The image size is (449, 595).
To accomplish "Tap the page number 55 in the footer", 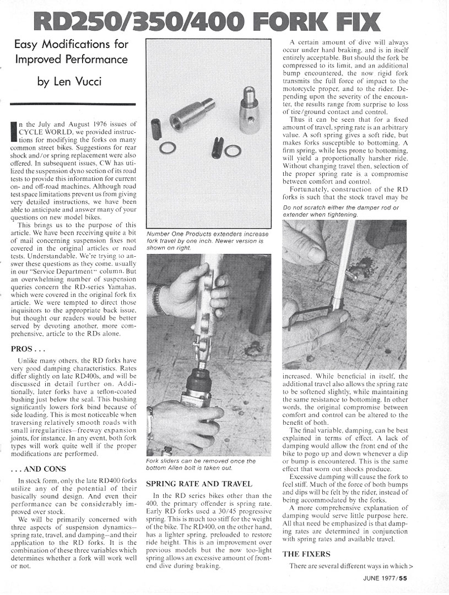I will (x=404, y=578).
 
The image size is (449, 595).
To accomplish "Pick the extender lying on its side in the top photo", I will (x=190, y=115).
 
